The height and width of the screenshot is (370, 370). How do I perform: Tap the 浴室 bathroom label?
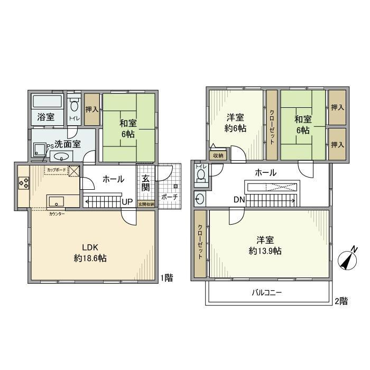[45, 117]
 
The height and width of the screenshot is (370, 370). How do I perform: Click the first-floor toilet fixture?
[73, 106]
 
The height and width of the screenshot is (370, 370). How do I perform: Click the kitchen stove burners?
[24, 183]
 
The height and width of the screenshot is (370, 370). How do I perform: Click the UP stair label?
[127, 201]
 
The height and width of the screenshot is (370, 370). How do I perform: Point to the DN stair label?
[238, 200]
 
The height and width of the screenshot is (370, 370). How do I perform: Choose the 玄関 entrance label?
[145, 183]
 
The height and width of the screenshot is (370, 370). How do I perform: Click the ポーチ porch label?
[169, 197]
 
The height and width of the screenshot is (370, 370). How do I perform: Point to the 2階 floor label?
[341, 301]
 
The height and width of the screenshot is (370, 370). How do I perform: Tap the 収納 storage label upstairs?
[218, 155]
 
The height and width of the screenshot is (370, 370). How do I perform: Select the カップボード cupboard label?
[57, 170]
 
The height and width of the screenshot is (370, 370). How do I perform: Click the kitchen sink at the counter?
[56, 202]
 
